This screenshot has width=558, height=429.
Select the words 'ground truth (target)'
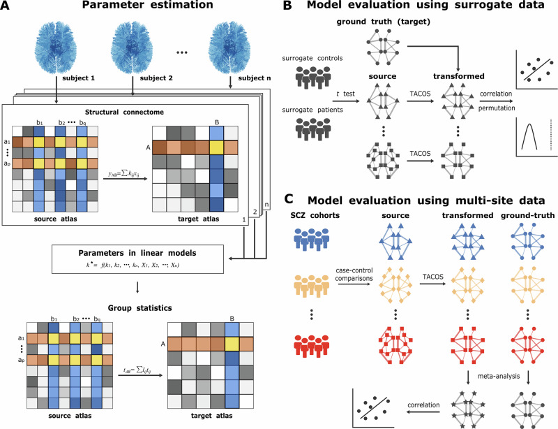[x=390, y=24]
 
